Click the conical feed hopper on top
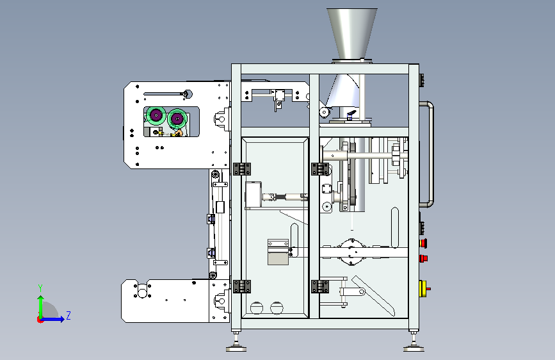(x=351, y=34)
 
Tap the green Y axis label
(x=40, y=288)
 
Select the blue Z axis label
(x=68, y=315)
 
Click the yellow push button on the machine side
(x=423, y=289)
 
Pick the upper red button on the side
(x=423, y=243)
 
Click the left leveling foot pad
(x=236, y=348)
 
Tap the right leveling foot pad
(x=414, y=348)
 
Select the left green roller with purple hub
(x=156, y=115)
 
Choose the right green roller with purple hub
(x=177, y=119)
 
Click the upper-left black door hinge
(x=242, y=169)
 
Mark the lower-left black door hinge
(x=242, y=286)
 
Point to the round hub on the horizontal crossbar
(x=351, y=252)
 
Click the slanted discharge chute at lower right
(x=373, y=296)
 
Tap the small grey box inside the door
(x=278, y=252)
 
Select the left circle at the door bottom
(x=257, y=308)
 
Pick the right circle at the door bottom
(x=277, y=308)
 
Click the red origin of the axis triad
(x=40, y=320)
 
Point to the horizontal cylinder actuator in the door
(x=285, y=197)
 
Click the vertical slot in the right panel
(x=395, y=227)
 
